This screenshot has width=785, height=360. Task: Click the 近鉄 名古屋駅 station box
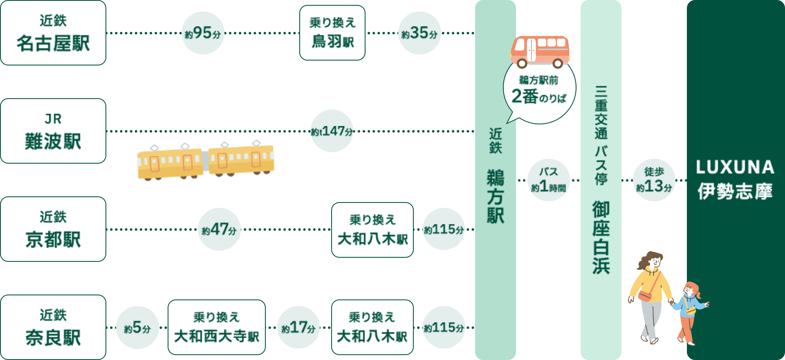pyautogui.click(x=53, y=33)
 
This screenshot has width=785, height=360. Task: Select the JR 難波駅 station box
pyautogui.click(x=53, y=131)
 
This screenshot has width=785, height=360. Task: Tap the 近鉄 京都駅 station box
pyautogui.click(x=53, y=229)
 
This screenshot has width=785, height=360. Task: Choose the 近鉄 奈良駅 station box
pyautogui.click(x=53, y=327)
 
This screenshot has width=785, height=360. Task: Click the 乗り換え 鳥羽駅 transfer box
pyautogui.click(x=332, y=33)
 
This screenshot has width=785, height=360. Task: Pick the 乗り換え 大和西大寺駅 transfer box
pyautogui.click(x=216, y=327)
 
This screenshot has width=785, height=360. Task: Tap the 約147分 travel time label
pyautogui.click(x=332, y=131)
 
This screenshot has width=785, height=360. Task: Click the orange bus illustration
pyautogui.click(x=542, y=51)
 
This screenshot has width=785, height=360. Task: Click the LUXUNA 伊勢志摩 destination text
pyautogui.click(x=735, y=179)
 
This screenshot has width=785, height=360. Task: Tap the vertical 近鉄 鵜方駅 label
pyautogui.click(x=495, y=176)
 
